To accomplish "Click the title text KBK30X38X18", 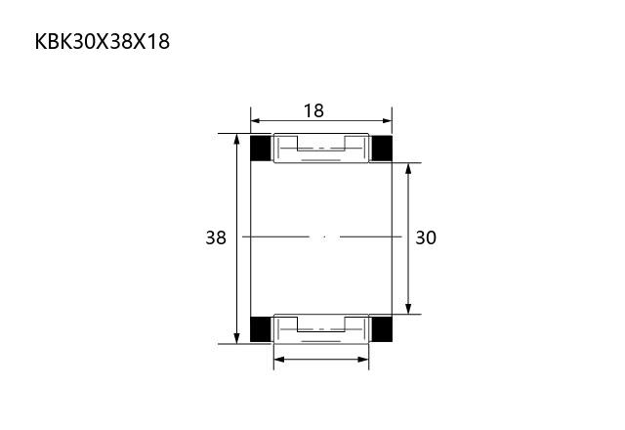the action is pyautogui.click(x=103, y=41).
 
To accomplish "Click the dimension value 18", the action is pyautogui.click(x=313, y=110).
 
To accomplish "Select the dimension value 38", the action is pyautogui.click(x=216, y=237).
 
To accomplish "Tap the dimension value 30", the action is pyautogui.click(x=426, y=237).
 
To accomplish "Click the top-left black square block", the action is pyautogui.click(x=261, y=148).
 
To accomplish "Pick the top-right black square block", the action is pyautogui.click(x=382, y=148).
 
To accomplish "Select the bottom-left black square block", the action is pyautogui.click(x=261, y=329).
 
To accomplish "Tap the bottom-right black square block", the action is pyautogui.click(x=382, y=329).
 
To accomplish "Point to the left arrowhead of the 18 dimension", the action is pyautogui.click(x=256, y=120).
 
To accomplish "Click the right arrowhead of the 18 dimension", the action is pyautogui.click(x=387, y=120).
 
